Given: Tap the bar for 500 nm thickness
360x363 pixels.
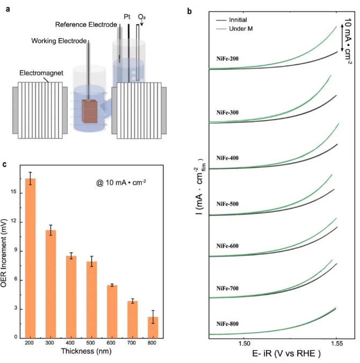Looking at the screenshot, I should [x=92, y=299].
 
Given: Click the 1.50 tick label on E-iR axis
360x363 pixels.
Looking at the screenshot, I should [x=244, y=342].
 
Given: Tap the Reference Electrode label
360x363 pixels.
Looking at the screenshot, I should [x=86, y=25].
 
